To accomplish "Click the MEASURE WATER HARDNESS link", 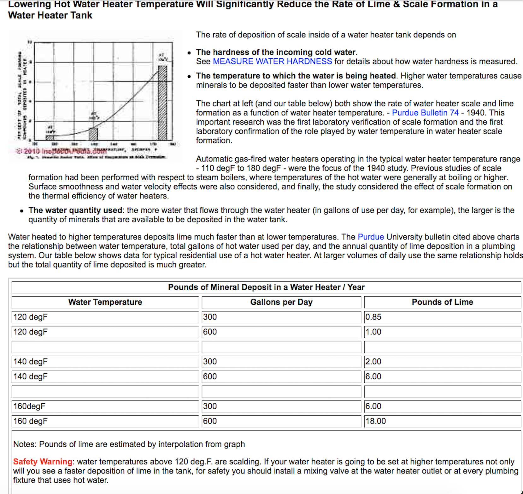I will [x=272, y=61].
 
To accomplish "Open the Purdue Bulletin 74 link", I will [x=425, y=113].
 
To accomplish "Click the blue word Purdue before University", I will [x=371, y=237].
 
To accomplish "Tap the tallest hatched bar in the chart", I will [x=162, y=103].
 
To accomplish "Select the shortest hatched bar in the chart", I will [x=50, y=137].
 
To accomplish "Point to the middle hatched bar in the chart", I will [x=93, y=134].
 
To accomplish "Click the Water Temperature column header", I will [x=105, y=302].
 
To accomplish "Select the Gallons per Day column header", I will [x=281, y=302].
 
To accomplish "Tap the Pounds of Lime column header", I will [x=442, y=302].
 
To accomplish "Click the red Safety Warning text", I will [x=43, y=461].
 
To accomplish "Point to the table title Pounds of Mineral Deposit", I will [x=266, y=287].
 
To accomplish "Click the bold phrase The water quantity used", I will [x=75, y=210].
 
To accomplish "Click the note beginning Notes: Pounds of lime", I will [x=129, y=444].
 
